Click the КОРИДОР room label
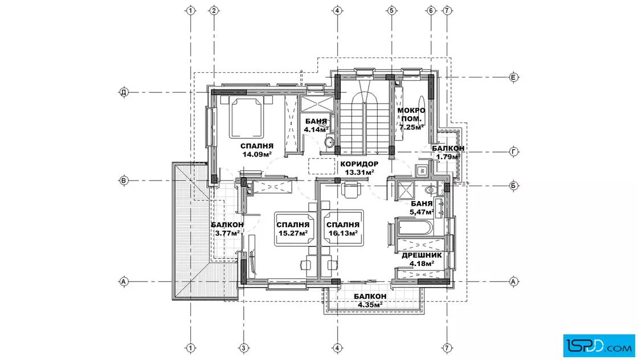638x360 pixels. [x=359, y=164]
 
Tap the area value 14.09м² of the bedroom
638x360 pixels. [x=257, y=154]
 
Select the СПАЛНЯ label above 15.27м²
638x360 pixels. [x=293, y=225]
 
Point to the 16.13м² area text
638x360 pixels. [x=343, y=233]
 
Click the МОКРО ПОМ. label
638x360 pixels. [x=411, y=114]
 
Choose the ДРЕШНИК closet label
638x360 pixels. [x=422, y=255]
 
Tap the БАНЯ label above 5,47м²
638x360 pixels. [x=422, y=204]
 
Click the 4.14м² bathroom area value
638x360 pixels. [x=316, y=130]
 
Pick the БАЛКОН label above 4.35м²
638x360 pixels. [x=370, y=297]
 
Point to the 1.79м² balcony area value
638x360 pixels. [x=448, y=157]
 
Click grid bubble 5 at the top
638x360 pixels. [x=391, y=11]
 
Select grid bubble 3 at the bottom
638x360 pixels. [x=244, y=348]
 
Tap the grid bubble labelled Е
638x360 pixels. [x=514, y=77]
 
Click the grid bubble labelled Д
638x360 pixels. [x=124, y=92]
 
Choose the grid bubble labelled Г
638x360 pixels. [x=514, y=152]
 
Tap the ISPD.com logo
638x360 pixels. [x=599, y=346]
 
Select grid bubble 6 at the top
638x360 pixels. [x=431, y=11]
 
